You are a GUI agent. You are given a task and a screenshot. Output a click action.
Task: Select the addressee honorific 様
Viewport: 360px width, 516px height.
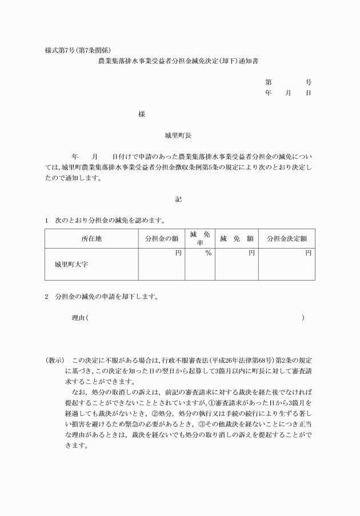[x=141, y=114]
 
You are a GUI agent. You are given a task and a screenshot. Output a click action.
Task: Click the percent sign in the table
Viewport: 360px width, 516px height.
[x=208, y=253]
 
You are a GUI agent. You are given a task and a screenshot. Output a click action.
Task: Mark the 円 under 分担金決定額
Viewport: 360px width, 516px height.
[x=308, y=253]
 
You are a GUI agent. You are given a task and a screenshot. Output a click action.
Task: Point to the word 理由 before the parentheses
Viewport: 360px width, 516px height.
[x=77, y=317]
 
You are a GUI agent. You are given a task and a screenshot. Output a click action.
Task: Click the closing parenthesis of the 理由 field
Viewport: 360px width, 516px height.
[x=303, y=317]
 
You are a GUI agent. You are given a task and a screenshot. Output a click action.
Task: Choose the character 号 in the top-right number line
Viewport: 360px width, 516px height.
[x=309, y=82]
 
